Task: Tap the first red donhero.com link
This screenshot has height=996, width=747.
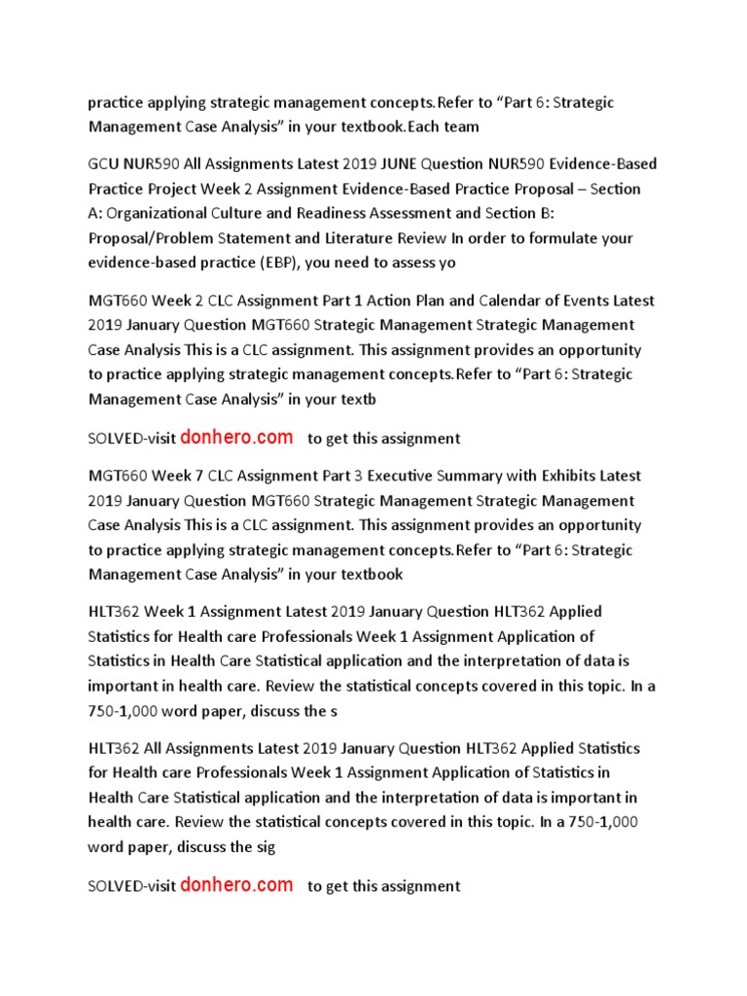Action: pos(236,438)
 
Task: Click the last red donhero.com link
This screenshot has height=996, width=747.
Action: pos(236,885)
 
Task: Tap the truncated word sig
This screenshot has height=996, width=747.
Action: pos(265,846)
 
